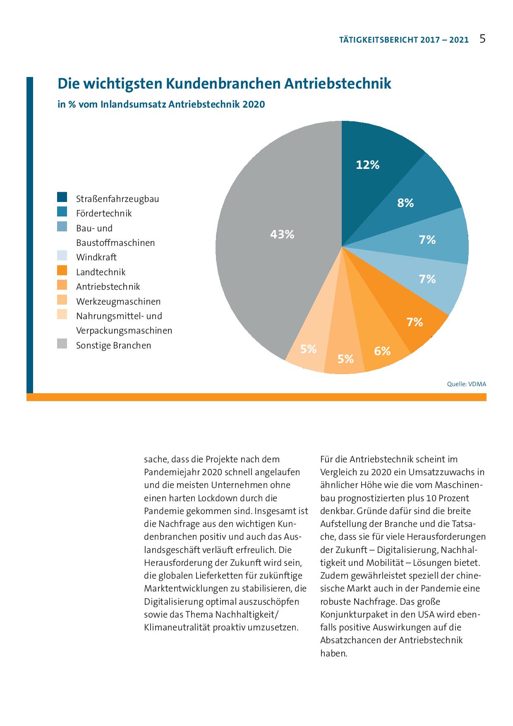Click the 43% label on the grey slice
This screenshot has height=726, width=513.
click(282, 235)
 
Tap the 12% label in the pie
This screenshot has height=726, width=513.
click(367, 165)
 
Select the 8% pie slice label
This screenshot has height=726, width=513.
click(405, 203)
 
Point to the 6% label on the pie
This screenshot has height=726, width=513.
click(382, 351)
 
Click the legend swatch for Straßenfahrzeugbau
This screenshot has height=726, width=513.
click(62, 197)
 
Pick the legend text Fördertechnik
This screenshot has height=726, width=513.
click(104, 214)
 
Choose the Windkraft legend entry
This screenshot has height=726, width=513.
click(96, 257)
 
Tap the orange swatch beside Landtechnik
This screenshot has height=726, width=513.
click(62, 271)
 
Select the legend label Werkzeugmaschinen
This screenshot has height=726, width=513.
click(118, 302)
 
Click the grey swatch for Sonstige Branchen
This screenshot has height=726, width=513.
click(62, 344)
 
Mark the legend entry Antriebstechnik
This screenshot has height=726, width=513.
click(108, 287)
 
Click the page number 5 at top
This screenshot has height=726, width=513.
click(482, 39)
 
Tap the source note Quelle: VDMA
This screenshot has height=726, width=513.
click(467, 384)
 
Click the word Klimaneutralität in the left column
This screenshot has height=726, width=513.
click(177, 627)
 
